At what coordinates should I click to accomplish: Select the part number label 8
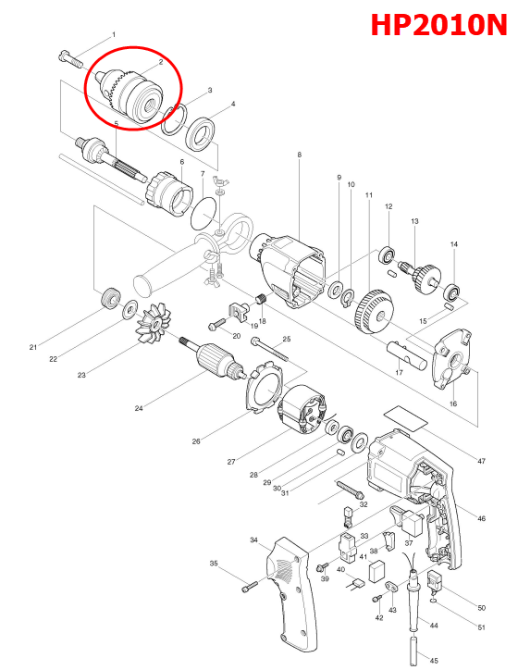(299, 155)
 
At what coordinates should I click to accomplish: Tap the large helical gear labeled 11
(369, 313)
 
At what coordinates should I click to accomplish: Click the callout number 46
(481, 517)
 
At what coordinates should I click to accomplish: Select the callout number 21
(32, 347)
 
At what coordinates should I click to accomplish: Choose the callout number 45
(434, 660)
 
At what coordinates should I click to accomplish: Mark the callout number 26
(195, 441)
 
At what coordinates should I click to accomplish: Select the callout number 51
(481, 627)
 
